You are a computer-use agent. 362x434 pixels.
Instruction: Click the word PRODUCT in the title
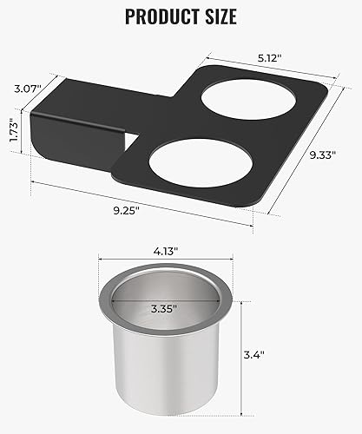[x=154, y=16]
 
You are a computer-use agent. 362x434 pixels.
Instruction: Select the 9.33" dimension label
[x=328, y=156]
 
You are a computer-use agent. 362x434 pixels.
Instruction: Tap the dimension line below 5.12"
[x=269, y=66]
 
